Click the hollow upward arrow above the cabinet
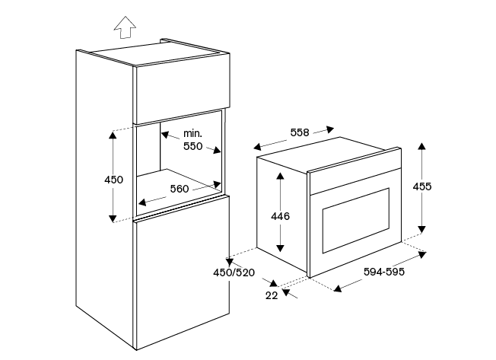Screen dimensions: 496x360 [126, 27]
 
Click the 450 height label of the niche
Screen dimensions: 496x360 [113, 180]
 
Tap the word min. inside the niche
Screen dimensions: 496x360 [192, 133]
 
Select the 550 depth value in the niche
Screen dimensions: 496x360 [193, 146]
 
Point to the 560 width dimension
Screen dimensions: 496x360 [180, 189]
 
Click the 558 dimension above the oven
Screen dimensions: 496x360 [300, 132]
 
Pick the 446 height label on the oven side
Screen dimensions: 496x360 [280, 216]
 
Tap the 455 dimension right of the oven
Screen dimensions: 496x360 [422, 186]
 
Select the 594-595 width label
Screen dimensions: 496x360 [384, 272]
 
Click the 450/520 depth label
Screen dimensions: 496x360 [234, 272]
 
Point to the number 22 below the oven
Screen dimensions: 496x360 [272, 295]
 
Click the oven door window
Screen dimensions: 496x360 [356, 221]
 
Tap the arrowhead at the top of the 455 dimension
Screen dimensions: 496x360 [421, 146]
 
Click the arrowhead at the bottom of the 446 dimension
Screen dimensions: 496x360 [280, 247]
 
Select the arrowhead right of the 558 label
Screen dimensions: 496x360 [330, 129]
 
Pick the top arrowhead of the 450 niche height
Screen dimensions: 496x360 [113, 135]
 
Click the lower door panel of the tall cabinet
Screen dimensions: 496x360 [183, 272]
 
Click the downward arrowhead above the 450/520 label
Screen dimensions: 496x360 [229, 263]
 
